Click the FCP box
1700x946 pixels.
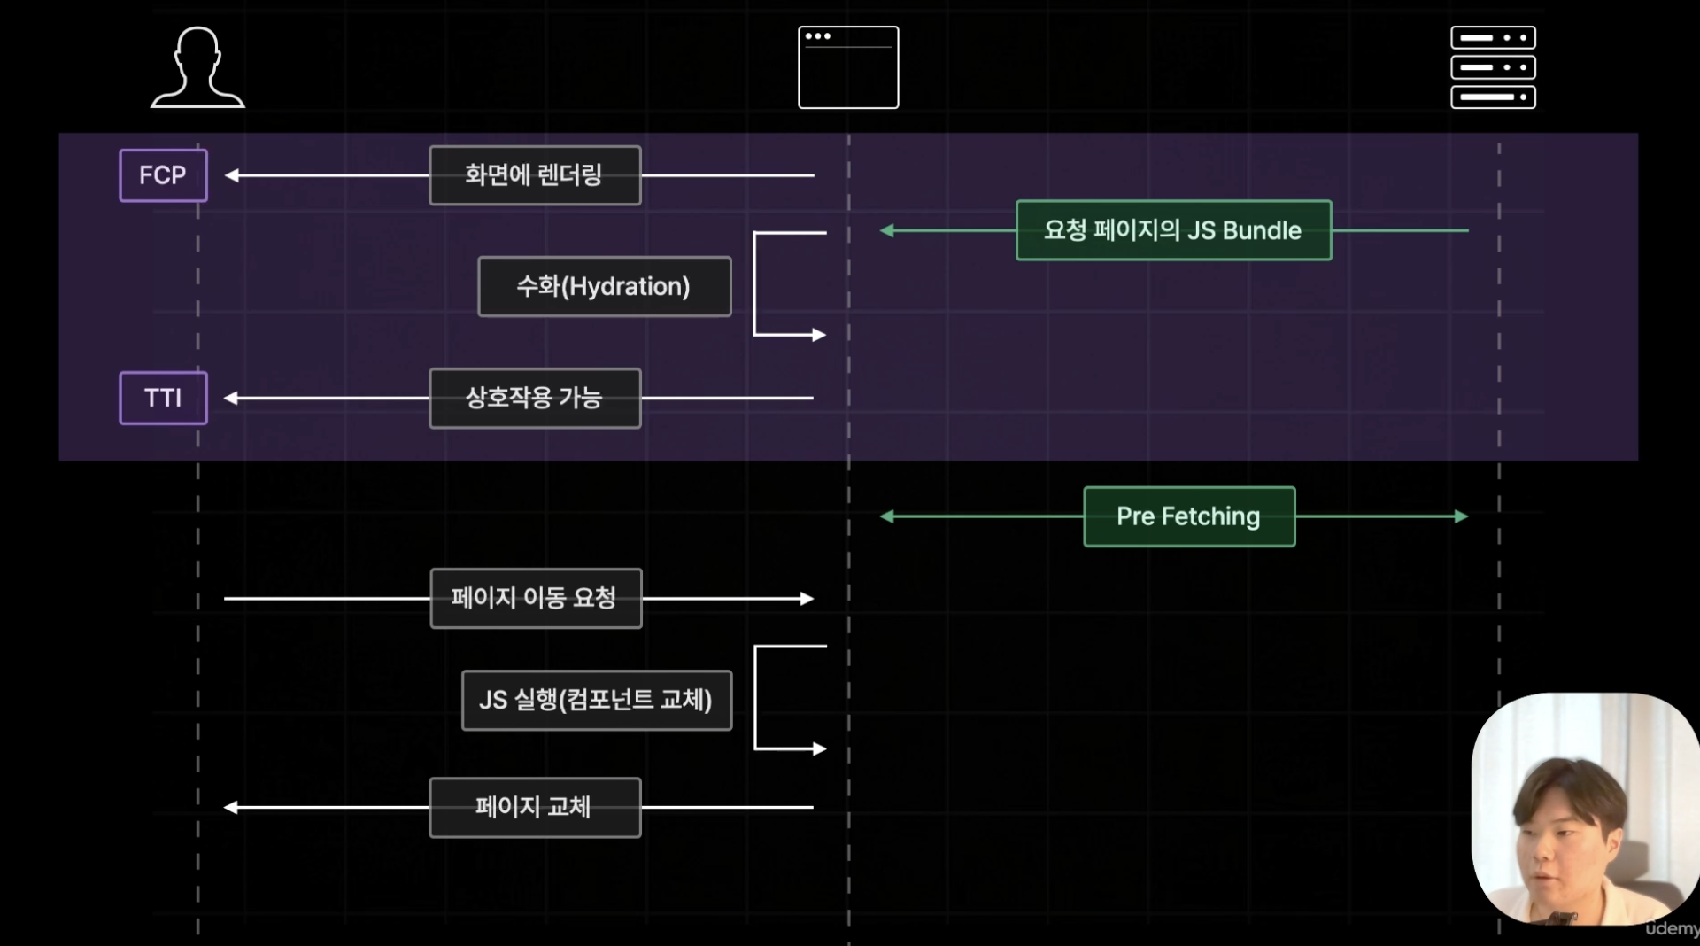point(164,175)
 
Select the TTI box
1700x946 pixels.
point(164,398)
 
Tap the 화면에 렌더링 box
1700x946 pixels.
point(535,175)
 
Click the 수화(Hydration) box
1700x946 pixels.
point(604,286)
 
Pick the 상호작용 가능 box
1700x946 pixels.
point(535,398)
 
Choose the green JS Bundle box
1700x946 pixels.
point(1173,230)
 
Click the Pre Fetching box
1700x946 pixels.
point(1189,516)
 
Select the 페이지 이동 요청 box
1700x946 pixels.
point(536,598)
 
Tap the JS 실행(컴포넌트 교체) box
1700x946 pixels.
point(597,700)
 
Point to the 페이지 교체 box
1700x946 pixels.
point(535,807)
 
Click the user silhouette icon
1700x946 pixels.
point(197,67)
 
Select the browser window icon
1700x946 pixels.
point(848,67)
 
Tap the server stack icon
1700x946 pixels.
point(1493,67)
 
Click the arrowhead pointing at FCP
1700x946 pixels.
point(232,175)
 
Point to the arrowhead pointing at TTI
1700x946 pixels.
point(232,398)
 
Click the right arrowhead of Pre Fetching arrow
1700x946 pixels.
point(1461,516)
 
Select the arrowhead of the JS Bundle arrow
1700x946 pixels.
point(887,230)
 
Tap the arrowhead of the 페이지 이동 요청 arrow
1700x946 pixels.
point(807,599)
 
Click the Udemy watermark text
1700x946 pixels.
point(1672,928)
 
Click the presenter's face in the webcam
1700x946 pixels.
point(1563,837)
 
